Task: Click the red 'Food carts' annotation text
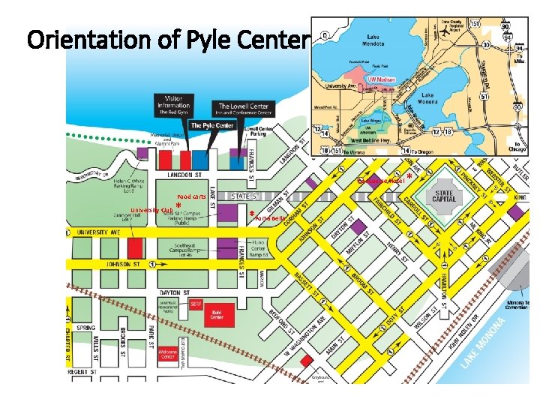tap(191, 196)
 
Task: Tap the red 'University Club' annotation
tap(151, 210)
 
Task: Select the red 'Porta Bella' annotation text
tap(270, 218)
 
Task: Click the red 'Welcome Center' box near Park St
tap(168, 354)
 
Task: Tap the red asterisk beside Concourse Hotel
tap(409, 178)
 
